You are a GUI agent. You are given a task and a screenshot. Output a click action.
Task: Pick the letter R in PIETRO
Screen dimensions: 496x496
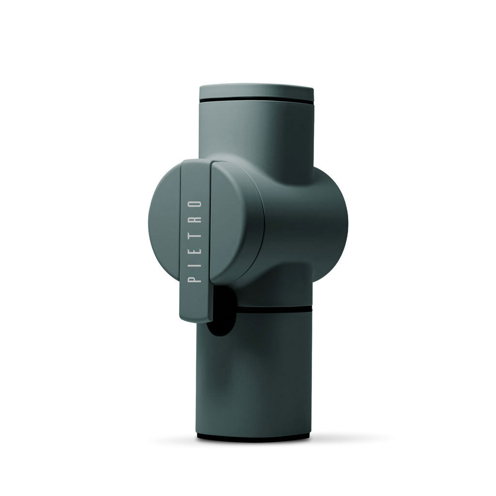[x=196, y=218]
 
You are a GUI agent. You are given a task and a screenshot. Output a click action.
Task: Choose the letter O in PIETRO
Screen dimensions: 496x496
[x=196, y=203]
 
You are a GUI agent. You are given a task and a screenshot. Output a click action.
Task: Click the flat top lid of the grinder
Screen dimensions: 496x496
[x=256, y=91]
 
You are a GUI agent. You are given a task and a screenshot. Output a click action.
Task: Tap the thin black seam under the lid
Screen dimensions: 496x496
[x=256, y=101]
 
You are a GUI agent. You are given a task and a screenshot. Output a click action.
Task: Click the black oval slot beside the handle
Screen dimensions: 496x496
[x=220, y=312]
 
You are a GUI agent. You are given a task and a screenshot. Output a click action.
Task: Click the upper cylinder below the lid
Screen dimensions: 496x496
[x=256, y=131]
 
